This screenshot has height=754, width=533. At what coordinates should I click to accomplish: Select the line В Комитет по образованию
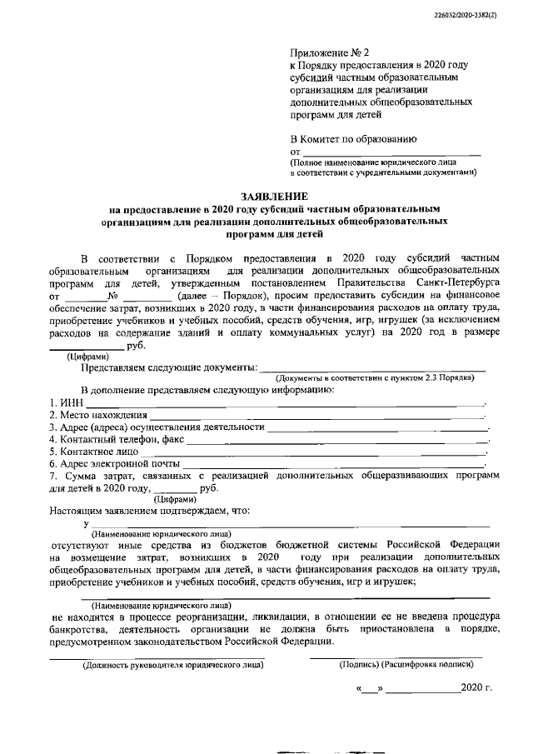[x=354, y=138]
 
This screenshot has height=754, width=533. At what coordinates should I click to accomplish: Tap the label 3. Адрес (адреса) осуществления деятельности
[x=156, y=427]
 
